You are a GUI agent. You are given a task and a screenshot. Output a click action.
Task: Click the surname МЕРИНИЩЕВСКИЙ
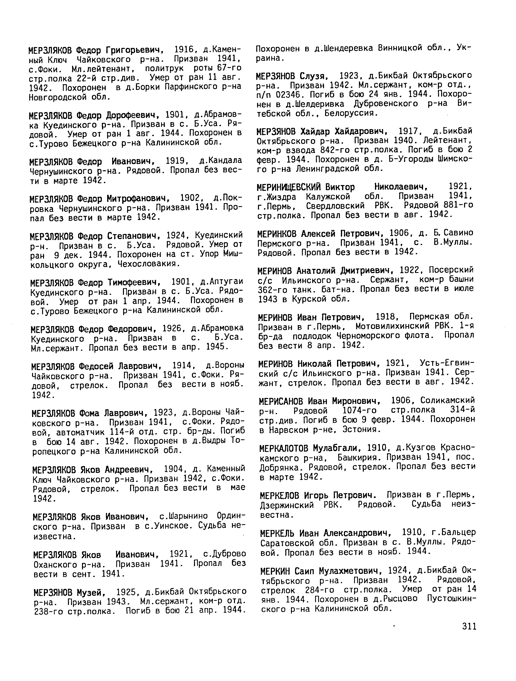pyautogui.click(x=289, y=187)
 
